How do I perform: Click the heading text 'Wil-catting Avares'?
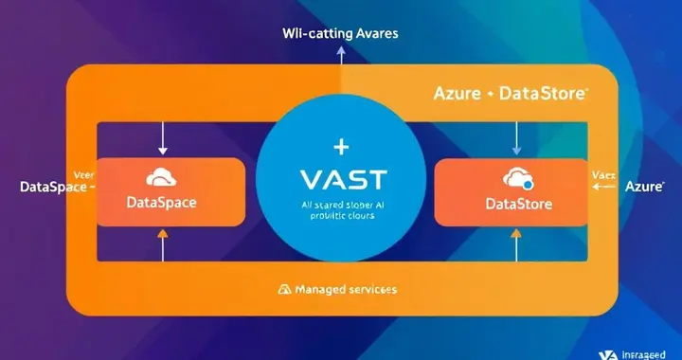pyautogui.click(x=340, y=33)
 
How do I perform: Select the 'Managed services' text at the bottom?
pyautogui.click(x=346, y=288)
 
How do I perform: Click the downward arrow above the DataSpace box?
pyautogui.click(x=162, y=138)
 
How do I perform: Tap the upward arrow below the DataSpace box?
pyautogui.click(x=162, y=248)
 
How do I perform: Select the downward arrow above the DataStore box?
pyautogui.click(x=516, y=138)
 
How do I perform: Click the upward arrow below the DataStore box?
pyautogui.click(x=516, y=248)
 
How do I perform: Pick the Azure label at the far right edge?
pyautogui.click(x=644, y=188)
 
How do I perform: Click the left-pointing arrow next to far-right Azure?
pyautogui.click(x=599, y=188)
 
